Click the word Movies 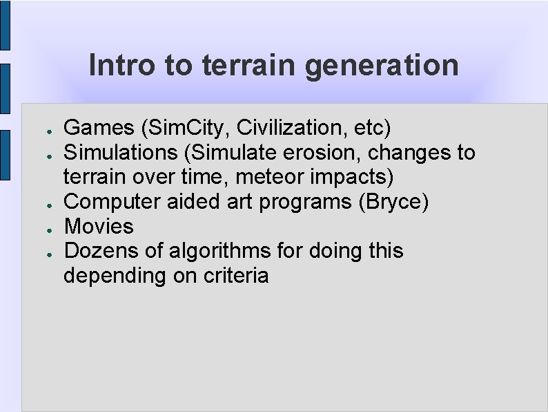(x=99, y=227)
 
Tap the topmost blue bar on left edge (x=5, y=25)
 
